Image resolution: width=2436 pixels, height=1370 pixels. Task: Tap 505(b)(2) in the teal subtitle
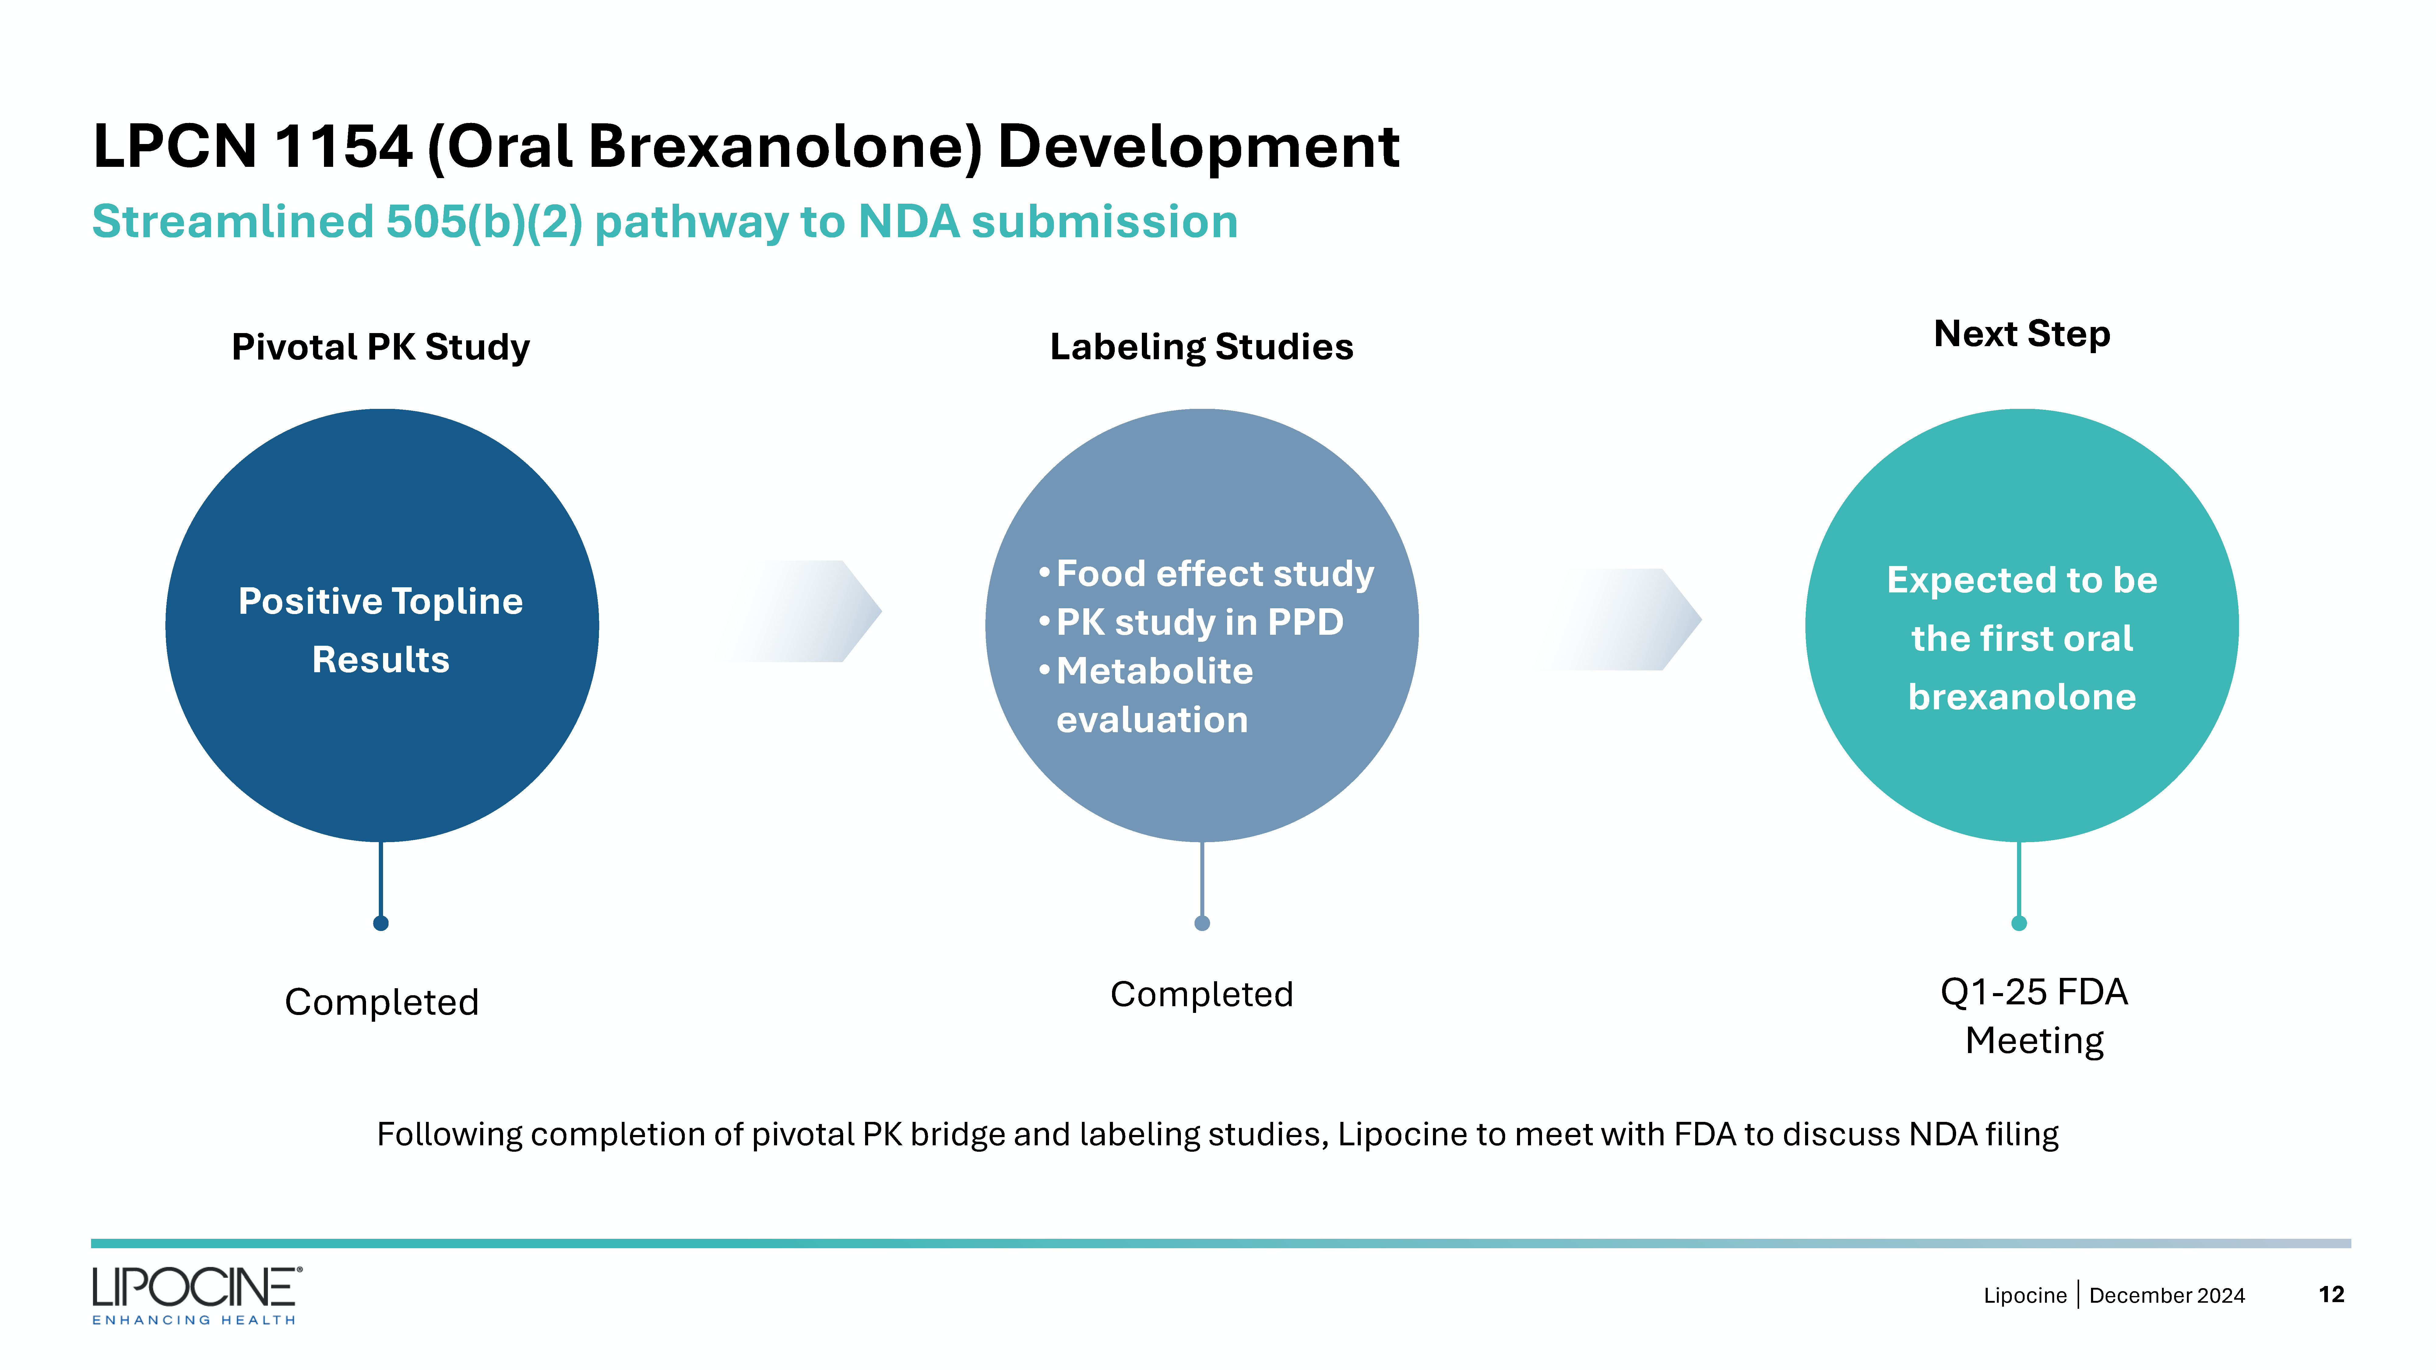[x=484, y=222]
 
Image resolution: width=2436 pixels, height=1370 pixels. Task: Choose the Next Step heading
[x=2022, y=334]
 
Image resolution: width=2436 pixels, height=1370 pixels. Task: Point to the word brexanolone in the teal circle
[x=2022, y=697]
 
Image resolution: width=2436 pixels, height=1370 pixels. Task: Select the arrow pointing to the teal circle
[x=1619, y=619]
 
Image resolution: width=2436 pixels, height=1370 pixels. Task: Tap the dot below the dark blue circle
[x=381, y=923]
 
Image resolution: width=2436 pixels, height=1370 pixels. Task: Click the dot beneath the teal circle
[x=2019, y=923]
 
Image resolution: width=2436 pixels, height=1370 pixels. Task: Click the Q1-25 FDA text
[x=2034, y=992]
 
